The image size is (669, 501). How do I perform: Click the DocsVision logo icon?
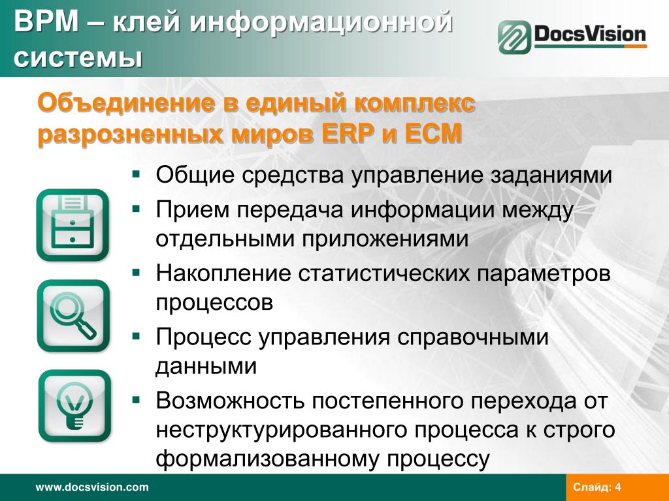515,37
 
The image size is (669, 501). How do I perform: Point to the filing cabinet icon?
73,225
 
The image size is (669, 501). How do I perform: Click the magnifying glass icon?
73,316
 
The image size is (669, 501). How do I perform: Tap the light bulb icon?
74,406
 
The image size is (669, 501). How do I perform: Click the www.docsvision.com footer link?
92,487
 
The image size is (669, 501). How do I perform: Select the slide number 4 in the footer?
618,487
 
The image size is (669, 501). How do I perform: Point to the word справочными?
473,337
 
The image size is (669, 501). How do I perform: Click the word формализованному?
267,459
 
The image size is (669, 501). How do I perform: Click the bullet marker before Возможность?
136,400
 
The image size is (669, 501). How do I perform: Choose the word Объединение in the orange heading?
126,102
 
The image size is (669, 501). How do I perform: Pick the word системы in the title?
78,58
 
